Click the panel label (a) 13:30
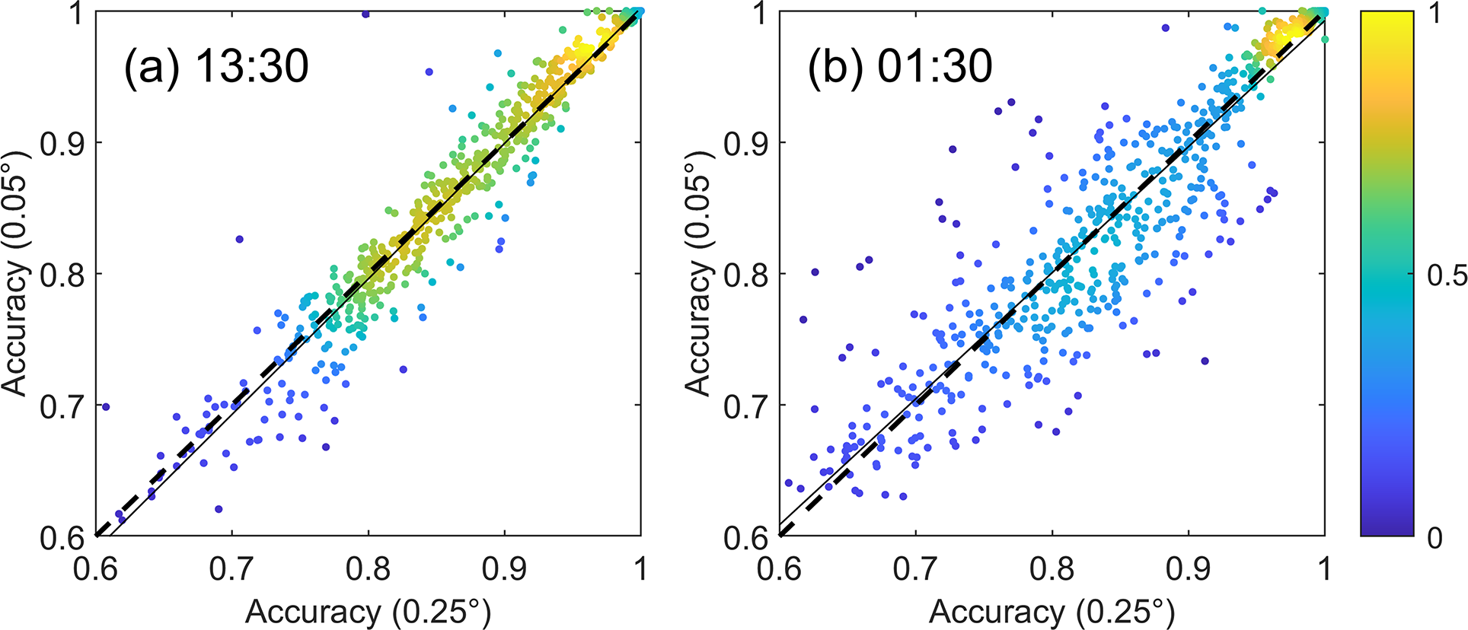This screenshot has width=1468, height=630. point(216,66)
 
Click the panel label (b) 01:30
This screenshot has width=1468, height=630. point(900,66)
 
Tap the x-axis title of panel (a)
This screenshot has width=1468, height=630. point(368,612)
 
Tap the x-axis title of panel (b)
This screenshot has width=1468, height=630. point(1052,612)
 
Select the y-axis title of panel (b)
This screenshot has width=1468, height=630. point(699,274)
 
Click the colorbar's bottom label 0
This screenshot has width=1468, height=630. point(1435,538)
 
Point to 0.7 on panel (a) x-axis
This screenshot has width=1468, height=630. point(231,568)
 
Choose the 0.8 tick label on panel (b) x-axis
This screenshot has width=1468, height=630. point(1052,568)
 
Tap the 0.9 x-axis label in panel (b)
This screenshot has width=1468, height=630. point(1189,568)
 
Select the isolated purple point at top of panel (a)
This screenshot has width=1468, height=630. point(365,14)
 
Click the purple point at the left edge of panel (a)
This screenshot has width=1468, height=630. point(106,407)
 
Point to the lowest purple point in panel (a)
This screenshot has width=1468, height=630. point(219,509)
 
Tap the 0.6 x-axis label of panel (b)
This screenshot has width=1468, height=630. point(780,568)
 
